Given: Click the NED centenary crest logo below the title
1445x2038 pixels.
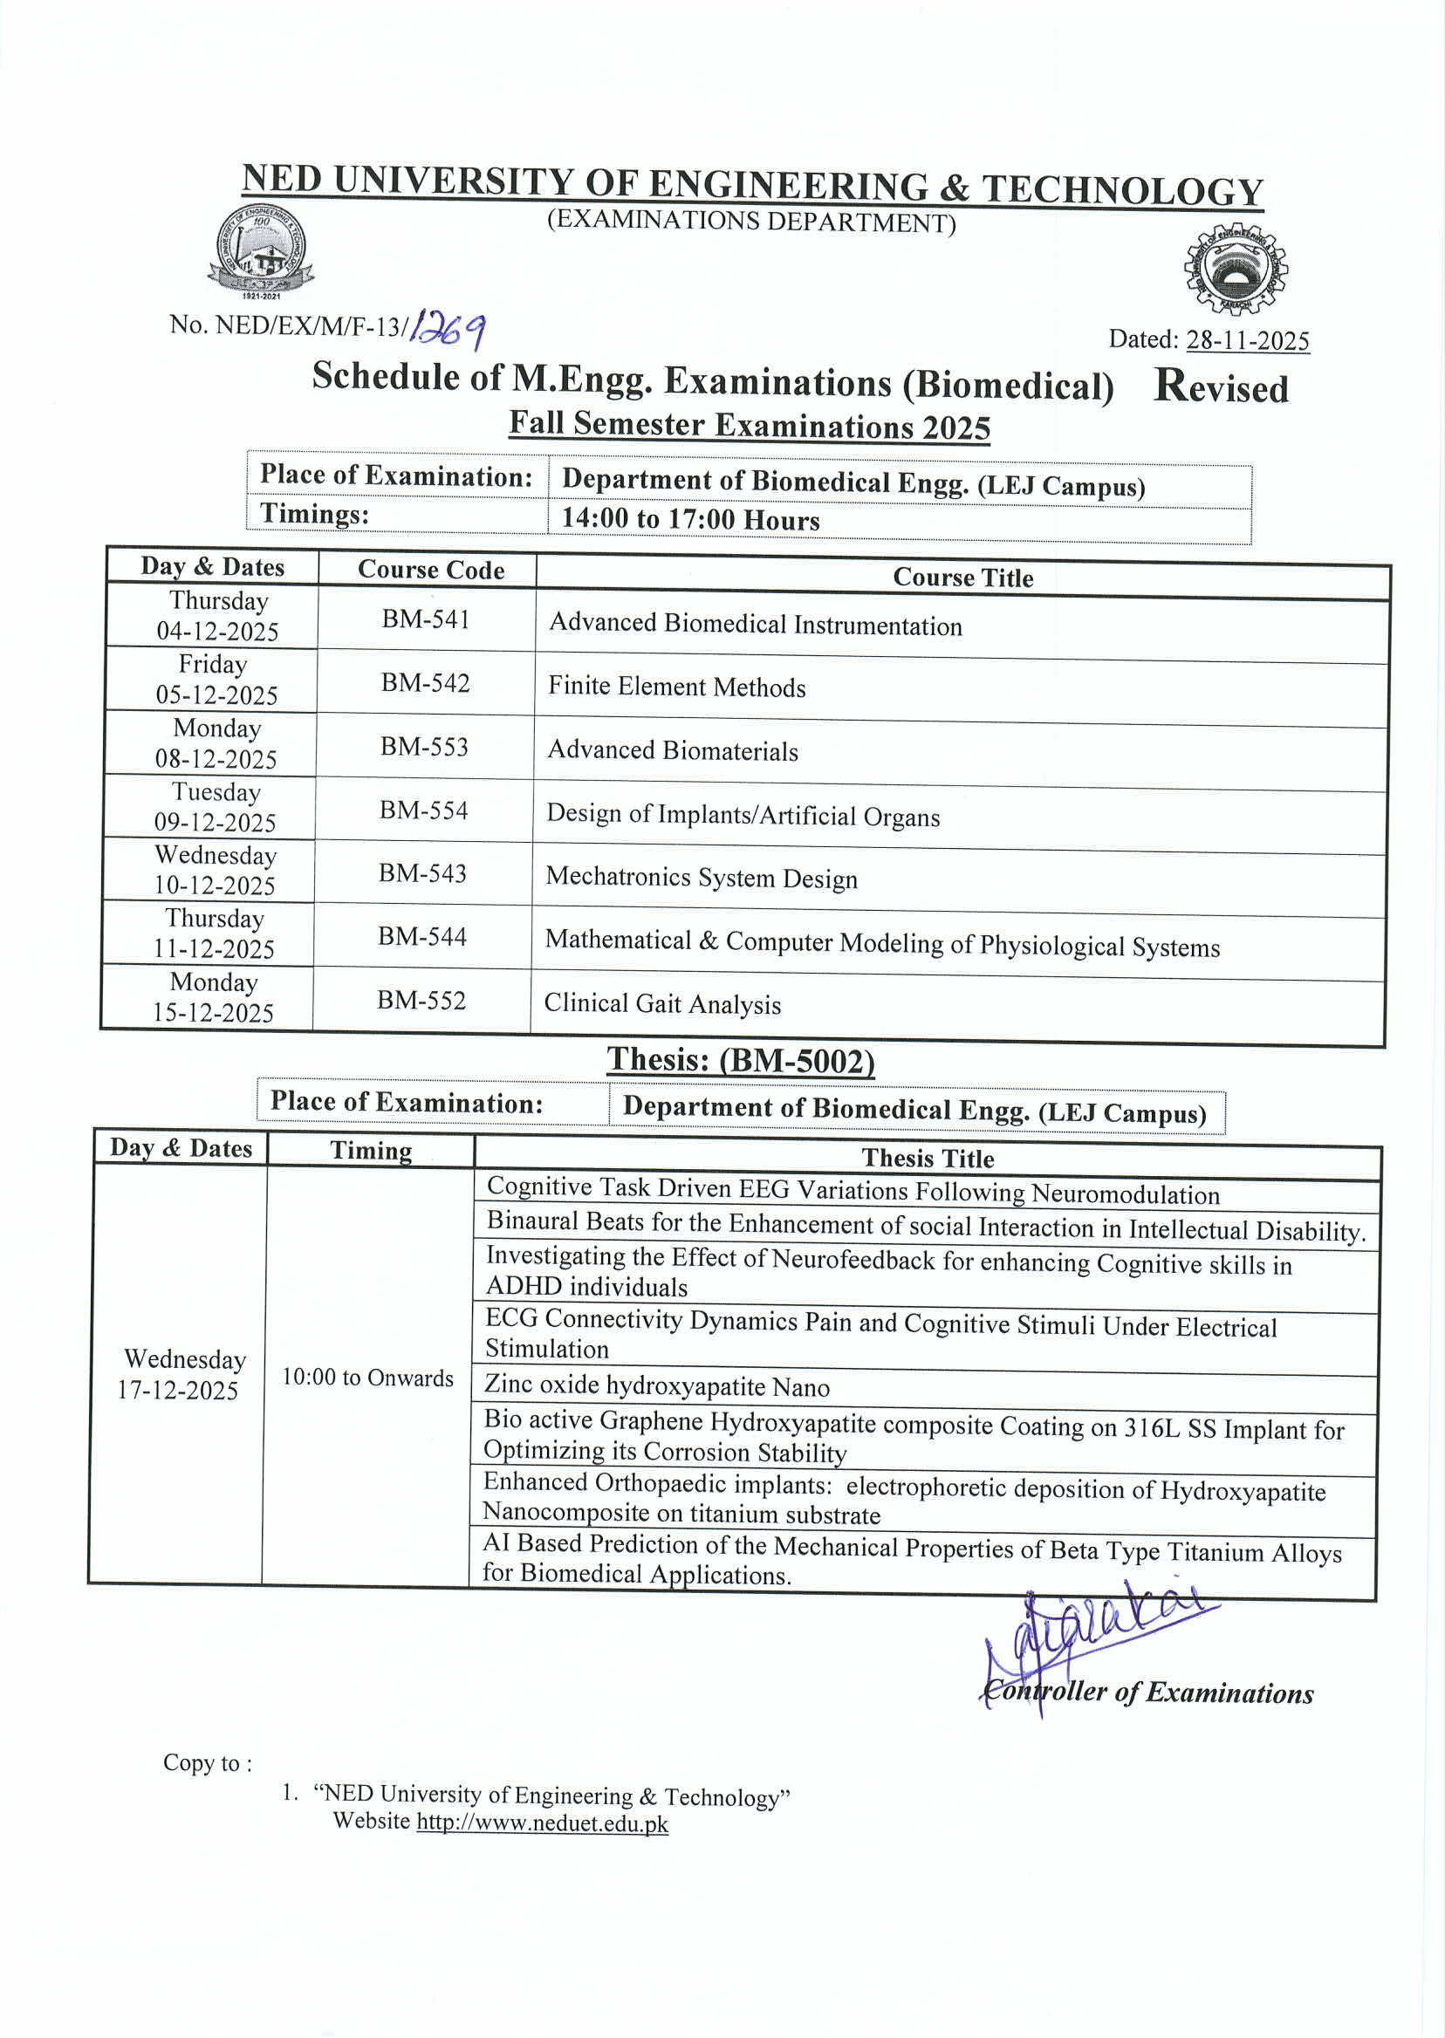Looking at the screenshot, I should coord(260,251).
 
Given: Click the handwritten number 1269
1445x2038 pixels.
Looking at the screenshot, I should coord(448,330).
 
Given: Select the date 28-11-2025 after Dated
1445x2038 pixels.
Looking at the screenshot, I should coord(1248,341).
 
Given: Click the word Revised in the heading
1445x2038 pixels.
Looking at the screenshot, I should coord(1221,387).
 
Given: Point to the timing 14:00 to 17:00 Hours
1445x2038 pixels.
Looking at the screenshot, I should coord(690,518).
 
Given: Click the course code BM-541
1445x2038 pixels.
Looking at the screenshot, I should coord(426,619).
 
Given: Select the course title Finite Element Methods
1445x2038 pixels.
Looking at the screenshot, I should coord(676,687).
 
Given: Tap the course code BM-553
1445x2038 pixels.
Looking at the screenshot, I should coord(424,746).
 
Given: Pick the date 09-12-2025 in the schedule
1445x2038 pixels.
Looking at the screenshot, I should coord(216,822).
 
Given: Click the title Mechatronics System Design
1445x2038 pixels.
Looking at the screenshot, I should coord(702,878).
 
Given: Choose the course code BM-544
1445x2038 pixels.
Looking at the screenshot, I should coord(421,936).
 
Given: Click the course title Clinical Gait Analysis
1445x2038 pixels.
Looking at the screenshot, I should coord(662,1003).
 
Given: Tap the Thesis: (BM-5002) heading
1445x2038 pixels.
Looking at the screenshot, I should coord(740,1060).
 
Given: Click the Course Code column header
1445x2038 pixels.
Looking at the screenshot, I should coord(431,571).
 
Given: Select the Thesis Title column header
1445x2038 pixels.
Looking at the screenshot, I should coord(928,1159).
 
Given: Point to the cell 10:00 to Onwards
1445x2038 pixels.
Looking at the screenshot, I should coord(367,1378).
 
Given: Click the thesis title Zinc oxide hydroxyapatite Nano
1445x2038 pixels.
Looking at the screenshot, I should coord(657,1386).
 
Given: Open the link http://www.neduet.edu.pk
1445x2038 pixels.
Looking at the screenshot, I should coord(542,1823).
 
